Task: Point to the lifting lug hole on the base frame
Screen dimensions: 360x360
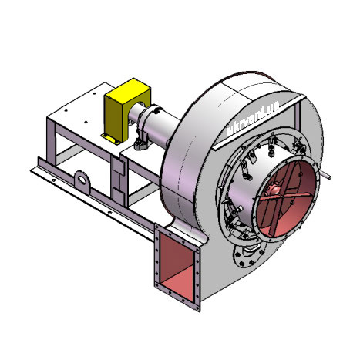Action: [82, 179]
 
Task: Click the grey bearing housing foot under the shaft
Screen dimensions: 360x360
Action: [141, 144]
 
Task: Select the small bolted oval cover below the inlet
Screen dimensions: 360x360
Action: [248, 254]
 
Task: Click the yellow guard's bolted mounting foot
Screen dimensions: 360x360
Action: [110, 139]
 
